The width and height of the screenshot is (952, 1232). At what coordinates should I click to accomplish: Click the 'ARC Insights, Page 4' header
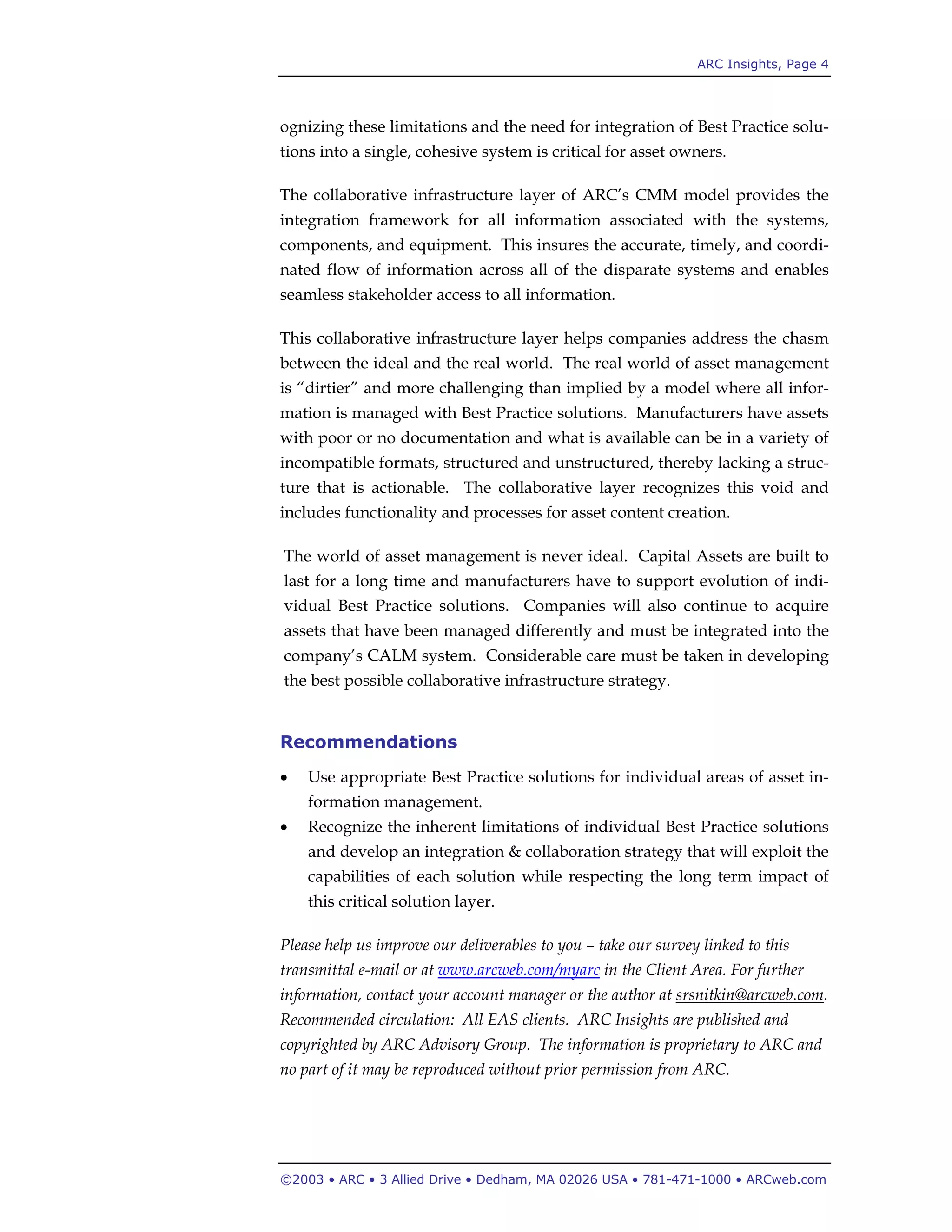coord(762,64)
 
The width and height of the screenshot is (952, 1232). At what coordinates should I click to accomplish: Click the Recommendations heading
coord(368,742)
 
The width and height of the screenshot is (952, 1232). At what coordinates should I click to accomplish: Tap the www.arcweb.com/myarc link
coord(518,970)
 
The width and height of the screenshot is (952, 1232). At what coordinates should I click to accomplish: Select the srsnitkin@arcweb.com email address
coord(749,995)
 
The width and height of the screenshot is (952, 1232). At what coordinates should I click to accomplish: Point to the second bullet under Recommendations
coord(284,828)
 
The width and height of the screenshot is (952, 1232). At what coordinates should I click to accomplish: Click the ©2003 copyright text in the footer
coord(302,1179)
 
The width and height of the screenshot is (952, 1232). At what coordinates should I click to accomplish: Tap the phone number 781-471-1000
coord(687,1179)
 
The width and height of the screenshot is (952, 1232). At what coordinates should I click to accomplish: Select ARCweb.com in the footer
coord(786,1179)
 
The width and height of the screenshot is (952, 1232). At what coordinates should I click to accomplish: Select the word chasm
coord(806,338)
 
